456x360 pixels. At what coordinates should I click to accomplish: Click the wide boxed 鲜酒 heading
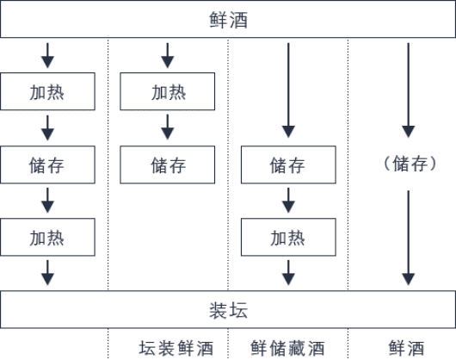228,19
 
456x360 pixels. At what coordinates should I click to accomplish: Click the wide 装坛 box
228,309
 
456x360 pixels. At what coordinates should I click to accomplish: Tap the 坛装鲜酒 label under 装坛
176,348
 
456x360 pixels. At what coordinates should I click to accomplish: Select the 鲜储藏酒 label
287,348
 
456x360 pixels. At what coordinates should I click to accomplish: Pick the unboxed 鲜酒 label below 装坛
406,348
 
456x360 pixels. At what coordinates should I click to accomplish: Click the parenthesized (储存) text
410,164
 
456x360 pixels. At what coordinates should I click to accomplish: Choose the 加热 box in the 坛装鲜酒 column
168,91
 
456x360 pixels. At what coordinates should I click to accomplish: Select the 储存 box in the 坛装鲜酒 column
168,164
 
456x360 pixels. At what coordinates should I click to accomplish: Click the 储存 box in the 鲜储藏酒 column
288,164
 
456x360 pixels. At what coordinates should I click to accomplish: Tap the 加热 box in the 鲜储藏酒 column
288,237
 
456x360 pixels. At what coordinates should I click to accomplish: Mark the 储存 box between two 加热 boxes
47,164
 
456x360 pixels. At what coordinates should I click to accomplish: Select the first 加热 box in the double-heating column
47,91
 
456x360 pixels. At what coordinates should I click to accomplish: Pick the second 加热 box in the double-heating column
47,237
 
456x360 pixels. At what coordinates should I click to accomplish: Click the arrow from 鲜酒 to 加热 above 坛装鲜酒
168,56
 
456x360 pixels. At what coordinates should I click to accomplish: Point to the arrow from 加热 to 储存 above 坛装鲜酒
168,127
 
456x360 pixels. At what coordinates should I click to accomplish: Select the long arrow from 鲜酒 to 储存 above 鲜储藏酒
288,90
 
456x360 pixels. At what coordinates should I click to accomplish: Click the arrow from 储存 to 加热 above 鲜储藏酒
288,200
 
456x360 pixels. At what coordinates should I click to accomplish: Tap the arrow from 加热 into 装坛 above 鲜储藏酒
288,273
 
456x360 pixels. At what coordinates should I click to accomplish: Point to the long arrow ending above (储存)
409,90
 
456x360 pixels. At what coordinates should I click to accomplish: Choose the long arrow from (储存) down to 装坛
409,238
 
